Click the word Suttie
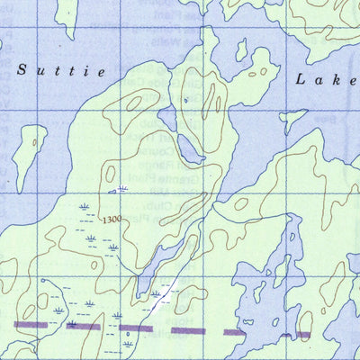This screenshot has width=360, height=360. (x=62, y=69)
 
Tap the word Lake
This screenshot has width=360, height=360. (x=326, y=80)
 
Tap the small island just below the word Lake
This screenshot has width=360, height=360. (x=292, y=118)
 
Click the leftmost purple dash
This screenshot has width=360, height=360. (x=30, y=323)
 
